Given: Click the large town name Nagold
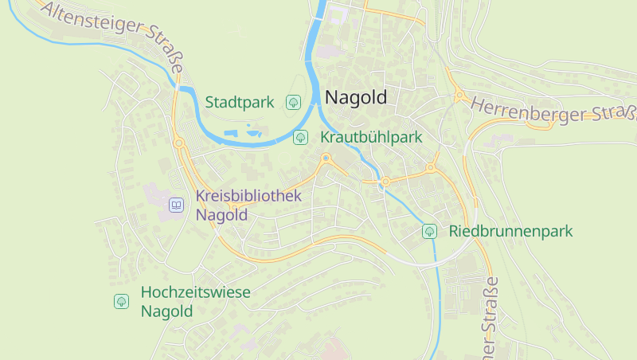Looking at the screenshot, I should pyautogui.click(x=355, y=98).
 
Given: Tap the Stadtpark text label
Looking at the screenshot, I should pyautogui.click(x=240, y=102).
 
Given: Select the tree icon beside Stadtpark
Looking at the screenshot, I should pyautogui.click(x=293, y=102).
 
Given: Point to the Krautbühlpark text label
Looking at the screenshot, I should pyautogui.click(x=371, y=137).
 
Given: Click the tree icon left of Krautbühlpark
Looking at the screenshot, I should pyautogui.click(x=301, y=137).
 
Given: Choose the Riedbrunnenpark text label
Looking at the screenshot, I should pyautogui.click(x=511, y=232).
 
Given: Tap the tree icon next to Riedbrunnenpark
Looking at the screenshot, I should pyautogui.click(x=429, y=232).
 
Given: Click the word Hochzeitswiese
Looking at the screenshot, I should pyautogui.click(x=195, y=292).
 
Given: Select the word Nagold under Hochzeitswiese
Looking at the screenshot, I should pyautogui.click(x=166, y=311).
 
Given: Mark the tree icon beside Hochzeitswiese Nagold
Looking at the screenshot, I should pyautogui.click(x=121, y=301).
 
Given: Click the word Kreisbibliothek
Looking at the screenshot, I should pyautogui.click(x=248, y=196).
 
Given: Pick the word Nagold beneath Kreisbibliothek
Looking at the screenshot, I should pyautogui.click(x=221, y=215).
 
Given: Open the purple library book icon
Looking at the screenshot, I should pyautogui.click(x=176, y=205).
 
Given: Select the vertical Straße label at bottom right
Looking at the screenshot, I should pyautogui.click(x=490, y=315).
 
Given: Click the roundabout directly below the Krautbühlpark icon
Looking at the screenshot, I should pyautogui.click(x=326, y=159).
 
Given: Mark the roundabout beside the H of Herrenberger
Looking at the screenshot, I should pyautogui.click(x=460, y=96).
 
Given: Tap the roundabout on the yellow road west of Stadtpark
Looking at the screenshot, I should pyautogui.click(x=179, y=143).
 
